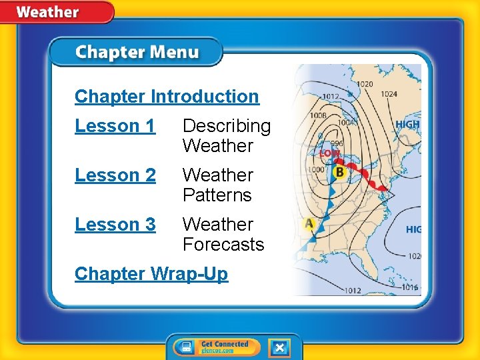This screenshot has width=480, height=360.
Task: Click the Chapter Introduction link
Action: pos(167,97)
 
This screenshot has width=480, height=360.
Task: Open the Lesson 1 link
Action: pos(115,126)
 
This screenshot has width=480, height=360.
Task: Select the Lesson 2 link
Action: pos(115,175)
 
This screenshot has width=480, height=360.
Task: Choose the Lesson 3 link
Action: pos(115,225)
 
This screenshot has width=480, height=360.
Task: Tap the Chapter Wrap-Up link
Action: pos(151,274)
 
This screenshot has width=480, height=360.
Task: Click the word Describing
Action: pos(227,126)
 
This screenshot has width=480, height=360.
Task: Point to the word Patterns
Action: pos(217,195)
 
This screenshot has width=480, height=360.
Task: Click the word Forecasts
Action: pos(223,245)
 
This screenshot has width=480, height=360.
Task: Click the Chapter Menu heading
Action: pos(137,53)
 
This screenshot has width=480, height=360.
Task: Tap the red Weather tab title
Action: pos(47,12)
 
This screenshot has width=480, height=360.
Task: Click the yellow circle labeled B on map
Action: pos(339,173)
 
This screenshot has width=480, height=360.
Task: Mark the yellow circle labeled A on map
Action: pos(309,224)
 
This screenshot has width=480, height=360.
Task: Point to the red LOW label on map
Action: pos(330,153)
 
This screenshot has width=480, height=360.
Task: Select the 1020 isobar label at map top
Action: pos(364,84)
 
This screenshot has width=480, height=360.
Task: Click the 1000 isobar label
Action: pos(316,170)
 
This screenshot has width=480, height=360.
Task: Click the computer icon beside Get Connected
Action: pos(187,347)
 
